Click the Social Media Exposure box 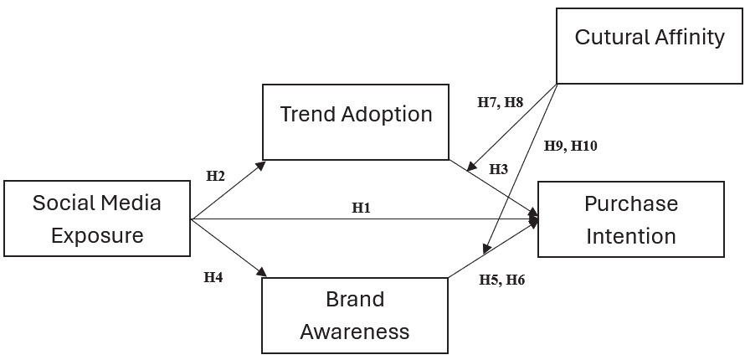click(97, 219)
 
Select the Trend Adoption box click(356, 121)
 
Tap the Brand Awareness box click(355, 316)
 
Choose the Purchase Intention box click(630, 219)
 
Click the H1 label click(361, 208)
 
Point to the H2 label click(216, 176)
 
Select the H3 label click(498, 169)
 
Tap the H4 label click(213, 277)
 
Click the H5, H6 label click(501, 280)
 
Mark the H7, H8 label click(500, 102)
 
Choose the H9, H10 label click(570, 145)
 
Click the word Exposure click(97, 235)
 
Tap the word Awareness click(355, 332)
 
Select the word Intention click(630, 236)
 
